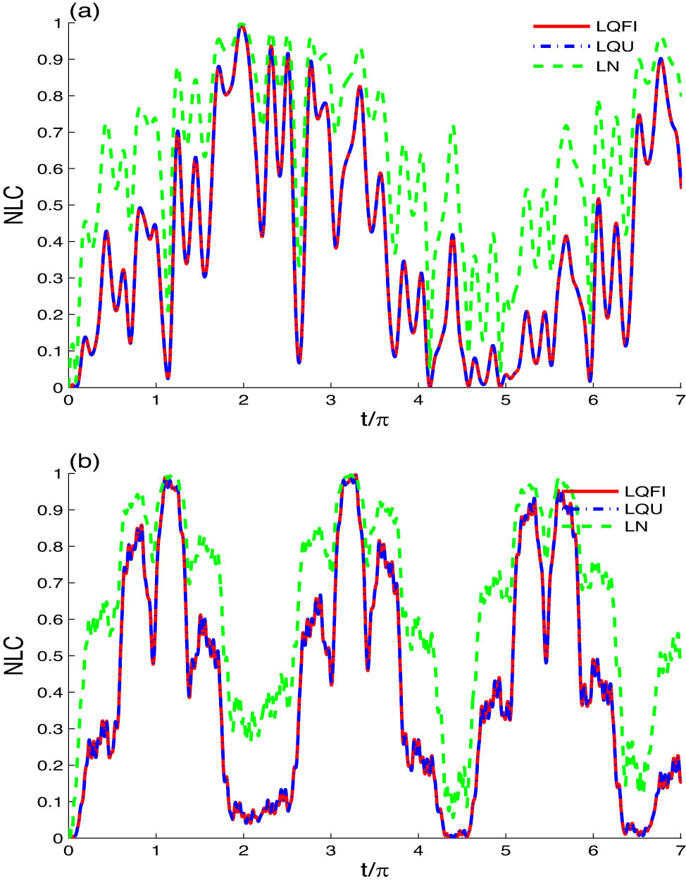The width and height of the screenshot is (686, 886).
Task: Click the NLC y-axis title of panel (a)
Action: click(13, 204)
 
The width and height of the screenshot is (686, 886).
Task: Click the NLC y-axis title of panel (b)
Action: click(13, 656)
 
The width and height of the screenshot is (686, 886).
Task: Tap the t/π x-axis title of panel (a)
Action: click(375, 420)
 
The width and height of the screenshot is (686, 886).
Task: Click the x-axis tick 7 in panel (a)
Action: click(680, 400)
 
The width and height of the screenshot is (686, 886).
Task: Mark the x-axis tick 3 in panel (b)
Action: click(330, 851)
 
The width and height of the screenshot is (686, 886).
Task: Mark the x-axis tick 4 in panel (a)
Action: click(418, 400)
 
